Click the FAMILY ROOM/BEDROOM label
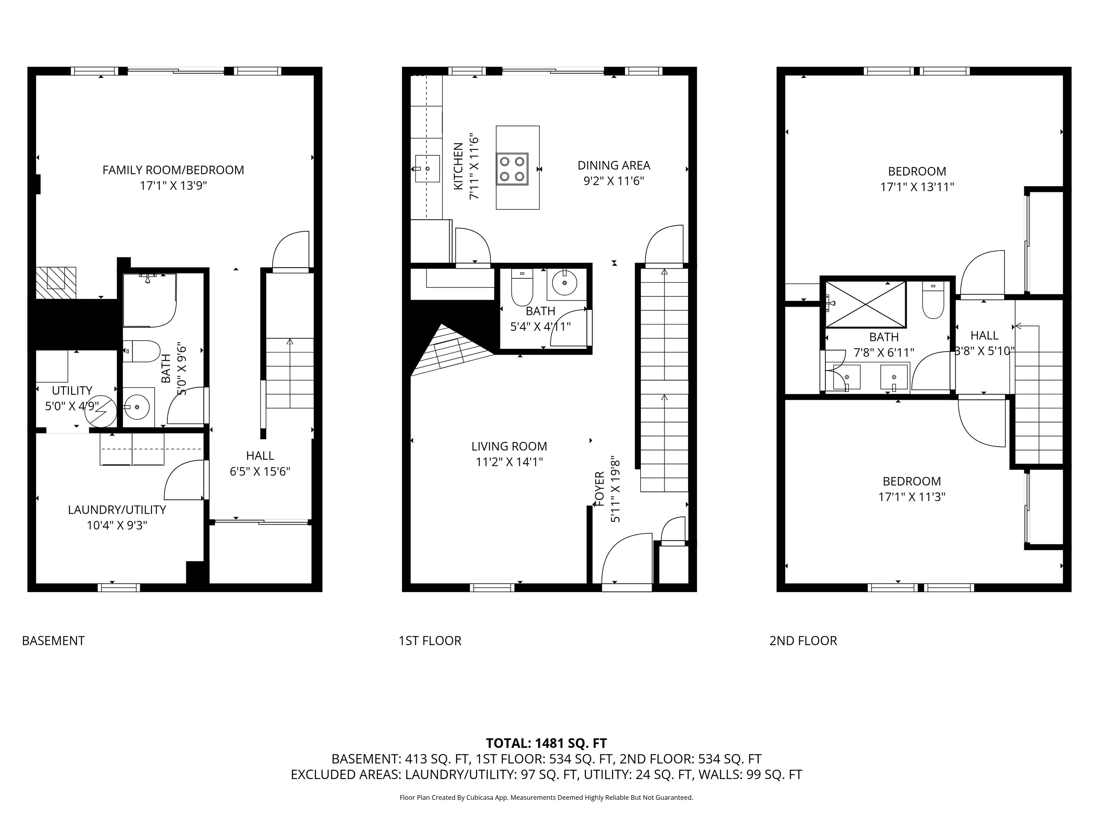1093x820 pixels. tap(173, 170)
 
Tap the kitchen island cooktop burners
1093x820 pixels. tap(512, 169)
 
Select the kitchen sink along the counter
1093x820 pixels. tap(427, 169)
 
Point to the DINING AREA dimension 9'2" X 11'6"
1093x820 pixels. tap(614, 181)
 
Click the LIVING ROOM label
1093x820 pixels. tap(509, 446)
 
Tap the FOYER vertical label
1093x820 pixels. tap(600, 489)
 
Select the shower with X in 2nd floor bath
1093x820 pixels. tap(865, 304)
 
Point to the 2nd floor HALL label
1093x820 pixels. tap(984, 336)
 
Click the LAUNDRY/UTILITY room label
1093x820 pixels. tap(117, 510)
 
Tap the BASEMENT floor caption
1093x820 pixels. tap(53, 641)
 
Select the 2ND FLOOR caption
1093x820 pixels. tap(803, 641)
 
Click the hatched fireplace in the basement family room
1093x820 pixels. tap(56, 282)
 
